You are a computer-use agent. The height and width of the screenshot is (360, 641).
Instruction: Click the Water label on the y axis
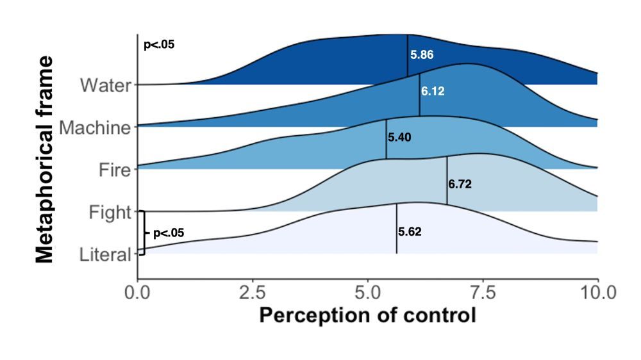click(x=106, y=85)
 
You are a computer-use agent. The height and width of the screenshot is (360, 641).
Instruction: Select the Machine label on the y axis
click(x=95, y=127)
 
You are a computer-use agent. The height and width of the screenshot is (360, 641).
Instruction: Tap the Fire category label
click(x=115, y=170)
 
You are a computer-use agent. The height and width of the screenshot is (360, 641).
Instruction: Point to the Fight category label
click(x=110, y=212)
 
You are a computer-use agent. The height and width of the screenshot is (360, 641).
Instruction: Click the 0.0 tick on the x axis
click(x=137, y=293)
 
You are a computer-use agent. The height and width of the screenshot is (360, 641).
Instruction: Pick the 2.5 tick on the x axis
click(x=253, y=293)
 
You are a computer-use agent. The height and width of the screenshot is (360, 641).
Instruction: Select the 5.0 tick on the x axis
click(x=367, y=293)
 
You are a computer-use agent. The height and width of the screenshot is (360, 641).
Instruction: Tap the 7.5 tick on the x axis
click(x=483, y=293)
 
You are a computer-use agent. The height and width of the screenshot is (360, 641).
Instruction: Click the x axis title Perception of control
click(x=367, y=316)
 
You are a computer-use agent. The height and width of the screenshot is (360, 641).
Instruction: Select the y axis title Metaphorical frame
click(x=45, y=160)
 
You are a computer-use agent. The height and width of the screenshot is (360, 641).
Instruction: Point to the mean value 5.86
click(x=422, y=55)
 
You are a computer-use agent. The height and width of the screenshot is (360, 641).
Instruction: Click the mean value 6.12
click(x=433, y=92)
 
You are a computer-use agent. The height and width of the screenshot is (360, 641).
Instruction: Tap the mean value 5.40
click(x=399, y=136)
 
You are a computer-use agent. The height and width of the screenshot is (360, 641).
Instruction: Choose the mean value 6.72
click(x=460, y=184)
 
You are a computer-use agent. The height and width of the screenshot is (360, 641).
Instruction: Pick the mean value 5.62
click(x=410, y=232)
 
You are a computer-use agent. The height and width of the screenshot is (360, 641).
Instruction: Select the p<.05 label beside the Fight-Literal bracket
click(x=169, y=233)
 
